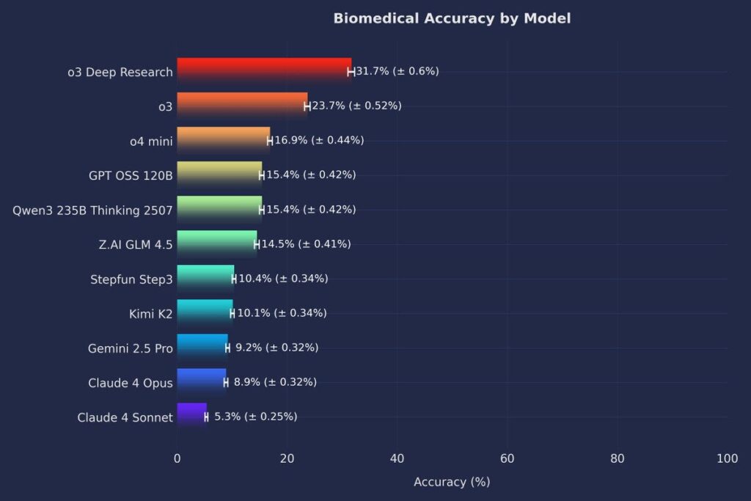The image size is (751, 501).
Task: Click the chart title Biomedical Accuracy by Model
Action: point(452,18)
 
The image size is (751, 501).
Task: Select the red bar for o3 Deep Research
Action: point(264,71)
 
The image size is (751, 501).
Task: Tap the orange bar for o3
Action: point(242,106)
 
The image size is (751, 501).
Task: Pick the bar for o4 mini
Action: point(223,140)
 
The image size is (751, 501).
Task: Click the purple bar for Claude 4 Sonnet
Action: point(191,417)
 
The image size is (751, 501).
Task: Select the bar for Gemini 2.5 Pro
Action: point(202,348)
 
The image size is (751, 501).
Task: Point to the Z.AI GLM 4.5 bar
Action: point(216,244)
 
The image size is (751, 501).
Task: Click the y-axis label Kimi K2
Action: point(150,314)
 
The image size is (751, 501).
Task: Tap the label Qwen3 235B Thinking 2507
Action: point(92,211)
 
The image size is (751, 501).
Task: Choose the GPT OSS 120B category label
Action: point(130,175)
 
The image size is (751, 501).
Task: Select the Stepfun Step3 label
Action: point(131,279)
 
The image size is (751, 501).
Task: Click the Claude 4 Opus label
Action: point(131,383)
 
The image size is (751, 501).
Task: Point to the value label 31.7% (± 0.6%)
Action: point(397,71)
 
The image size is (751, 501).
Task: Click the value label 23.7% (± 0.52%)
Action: point(356,106)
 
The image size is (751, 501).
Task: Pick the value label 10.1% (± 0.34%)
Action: point(282,313)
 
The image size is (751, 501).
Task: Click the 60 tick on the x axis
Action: point(508,458)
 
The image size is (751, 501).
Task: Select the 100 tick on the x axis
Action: point(727,458)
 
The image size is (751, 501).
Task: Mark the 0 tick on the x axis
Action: point(177,458)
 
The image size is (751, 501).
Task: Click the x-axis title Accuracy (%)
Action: point(452,482)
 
